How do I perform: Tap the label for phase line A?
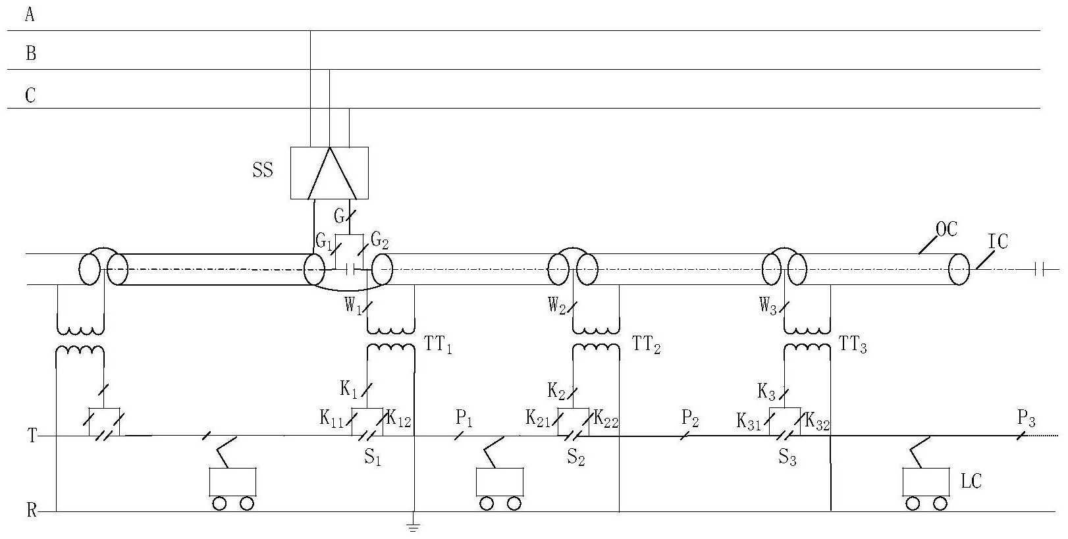tap(30, 14)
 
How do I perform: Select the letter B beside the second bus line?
tap(30, 53)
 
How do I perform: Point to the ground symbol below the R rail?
tap(414, 526)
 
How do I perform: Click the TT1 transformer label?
tap(438, 345)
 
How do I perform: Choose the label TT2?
tap(646, 345)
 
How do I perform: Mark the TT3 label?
tap(853, 345)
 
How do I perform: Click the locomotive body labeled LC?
tap(926, 482)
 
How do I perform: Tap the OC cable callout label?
tap(946, 229)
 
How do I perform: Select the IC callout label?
tap(998, 242)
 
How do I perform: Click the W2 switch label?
tap(557, 306)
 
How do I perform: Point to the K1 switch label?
tap(348, 390)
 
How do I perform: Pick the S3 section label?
tap(788, 458)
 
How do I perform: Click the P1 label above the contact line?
tap(464, 419)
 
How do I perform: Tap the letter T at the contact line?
tap(32, 436)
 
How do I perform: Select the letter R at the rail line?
tap(32, 511)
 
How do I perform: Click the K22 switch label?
tap(606, 419)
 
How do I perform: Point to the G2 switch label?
tap(379, 241)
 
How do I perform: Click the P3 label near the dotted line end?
tap(1026, 419)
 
